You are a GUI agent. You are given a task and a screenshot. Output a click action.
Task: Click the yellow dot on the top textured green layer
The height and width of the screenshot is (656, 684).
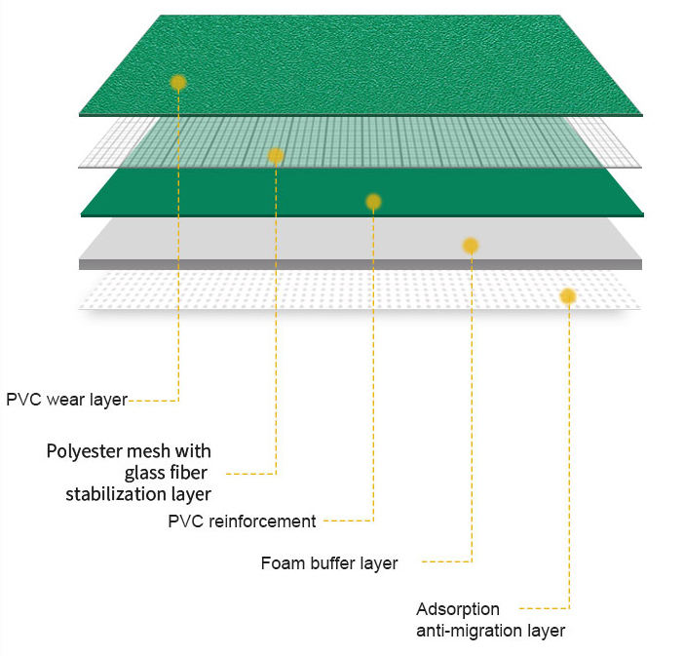[177, 83]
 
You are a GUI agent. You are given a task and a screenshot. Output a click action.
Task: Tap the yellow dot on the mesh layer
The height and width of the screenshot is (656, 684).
[276, 156]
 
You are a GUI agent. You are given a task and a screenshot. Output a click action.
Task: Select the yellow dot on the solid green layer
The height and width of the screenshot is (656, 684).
[373, 202]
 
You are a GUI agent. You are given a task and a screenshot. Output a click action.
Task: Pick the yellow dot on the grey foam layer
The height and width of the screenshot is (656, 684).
[471, 246]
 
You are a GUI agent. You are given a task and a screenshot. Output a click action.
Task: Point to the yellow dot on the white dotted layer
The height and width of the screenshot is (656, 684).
[568, 295]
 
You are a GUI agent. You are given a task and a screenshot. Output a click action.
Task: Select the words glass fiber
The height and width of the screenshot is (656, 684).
[168, 473]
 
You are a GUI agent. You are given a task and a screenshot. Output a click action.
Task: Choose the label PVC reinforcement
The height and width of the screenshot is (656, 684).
[242, 521]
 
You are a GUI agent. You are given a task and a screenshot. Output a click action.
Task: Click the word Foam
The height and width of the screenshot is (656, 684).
[281, 563]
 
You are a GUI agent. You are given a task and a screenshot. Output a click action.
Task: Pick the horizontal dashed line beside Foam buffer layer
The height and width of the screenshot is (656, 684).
[445, 562]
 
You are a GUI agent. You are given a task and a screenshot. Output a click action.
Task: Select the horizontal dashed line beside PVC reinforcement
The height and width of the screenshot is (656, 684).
[348, 521]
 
